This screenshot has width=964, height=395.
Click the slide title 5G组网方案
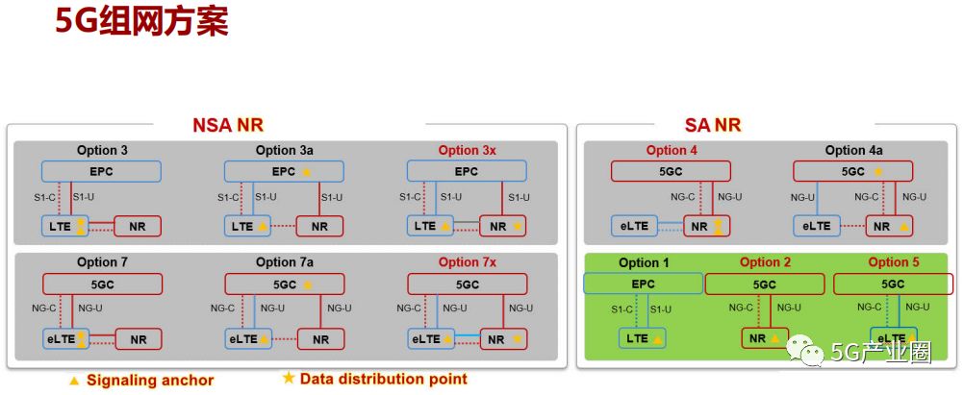141,21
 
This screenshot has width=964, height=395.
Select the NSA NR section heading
227,125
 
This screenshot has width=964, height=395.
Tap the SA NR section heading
712,125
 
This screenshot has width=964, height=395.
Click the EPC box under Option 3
101,171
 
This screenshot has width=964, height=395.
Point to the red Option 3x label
467,150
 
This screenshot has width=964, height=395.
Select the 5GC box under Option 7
101,284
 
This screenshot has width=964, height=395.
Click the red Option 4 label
672,150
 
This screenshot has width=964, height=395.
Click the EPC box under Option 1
643,284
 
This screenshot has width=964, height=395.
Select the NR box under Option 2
765,338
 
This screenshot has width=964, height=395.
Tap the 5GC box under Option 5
893,284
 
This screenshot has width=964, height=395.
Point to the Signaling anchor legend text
149,380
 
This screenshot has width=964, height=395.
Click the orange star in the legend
289,378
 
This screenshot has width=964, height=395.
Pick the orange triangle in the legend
74,381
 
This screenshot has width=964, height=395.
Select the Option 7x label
467,262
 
